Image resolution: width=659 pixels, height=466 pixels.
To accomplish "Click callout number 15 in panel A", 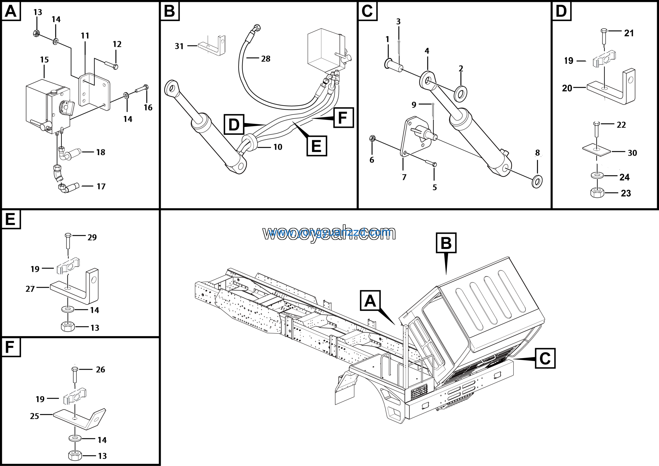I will [x=44, y=60].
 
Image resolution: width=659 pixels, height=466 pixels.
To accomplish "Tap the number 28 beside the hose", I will [x=265, y=59].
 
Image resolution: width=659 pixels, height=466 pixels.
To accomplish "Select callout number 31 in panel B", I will [x=179, y=46].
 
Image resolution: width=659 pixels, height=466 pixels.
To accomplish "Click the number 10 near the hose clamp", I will [x=278, y=147].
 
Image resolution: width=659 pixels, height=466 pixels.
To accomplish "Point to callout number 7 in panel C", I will [x=404, y=177].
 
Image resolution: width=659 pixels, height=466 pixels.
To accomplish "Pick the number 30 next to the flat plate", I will [x=632, y=153].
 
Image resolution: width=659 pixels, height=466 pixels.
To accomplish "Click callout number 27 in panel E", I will [x=30, y=289].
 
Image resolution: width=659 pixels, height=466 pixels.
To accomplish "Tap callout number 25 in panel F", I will [x=34, y=416].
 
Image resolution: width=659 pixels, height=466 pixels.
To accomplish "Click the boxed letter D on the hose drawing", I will [x=234, y=124].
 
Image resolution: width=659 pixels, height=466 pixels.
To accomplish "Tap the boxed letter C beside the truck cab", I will [x=545, y=358].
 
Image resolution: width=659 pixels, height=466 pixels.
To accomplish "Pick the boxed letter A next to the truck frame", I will [x=370, y=301].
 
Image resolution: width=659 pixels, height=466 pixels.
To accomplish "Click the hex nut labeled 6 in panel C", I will [x=372, y=139].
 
